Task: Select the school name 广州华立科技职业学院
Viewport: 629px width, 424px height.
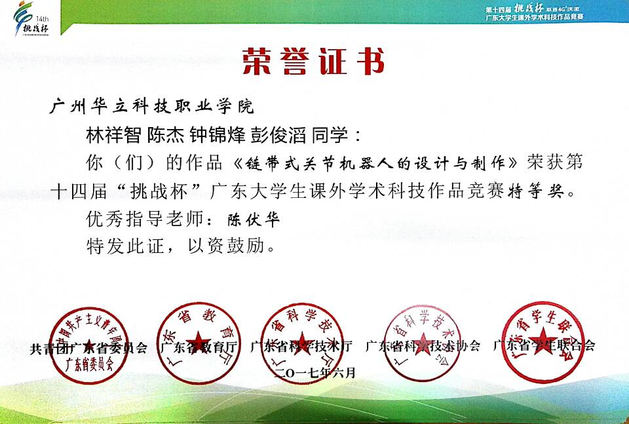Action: pos(151,106)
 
